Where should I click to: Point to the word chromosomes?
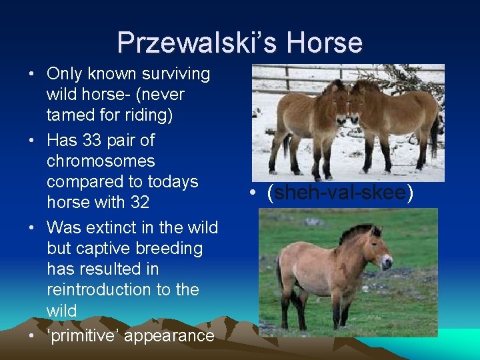[x=101, y=161]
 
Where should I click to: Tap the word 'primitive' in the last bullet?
[x=83, y=335]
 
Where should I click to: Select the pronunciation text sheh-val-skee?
[x=340, y=193]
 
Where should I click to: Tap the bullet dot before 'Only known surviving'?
[x=33, y=74]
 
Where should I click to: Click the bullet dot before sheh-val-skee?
[x=255, y=194]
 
